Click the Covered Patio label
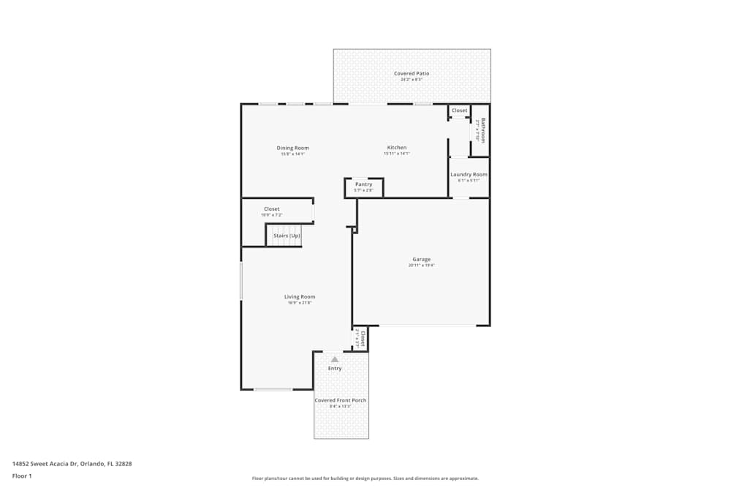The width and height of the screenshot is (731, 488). coord(412,73)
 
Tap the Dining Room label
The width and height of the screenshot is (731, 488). coord(292,148)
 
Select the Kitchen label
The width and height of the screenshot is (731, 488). coord(397,148)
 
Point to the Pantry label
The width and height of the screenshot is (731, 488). coord(363,184)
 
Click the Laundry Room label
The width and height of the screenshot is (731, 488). coord(469,174)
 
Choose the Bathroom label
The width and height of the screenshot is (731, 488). coord(482,129)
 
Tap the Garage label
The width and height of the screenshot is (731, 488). coord(421,259)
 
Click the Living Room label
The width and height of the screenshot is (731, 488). coord(300,296)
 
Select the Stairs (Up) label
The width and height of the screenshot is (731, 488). coord(287,236)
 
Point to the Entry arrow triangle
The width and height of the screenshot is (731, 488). coord(335,359)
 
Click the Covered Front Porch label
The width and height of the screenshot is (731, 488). coord(341,400)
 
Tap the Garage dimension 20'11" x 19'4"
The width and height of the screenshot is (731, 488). coord(421,266)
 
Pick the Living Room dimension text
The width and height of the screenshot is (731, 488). coord(300,303)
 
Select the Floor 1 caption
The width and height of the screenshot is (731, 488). coord(22,476)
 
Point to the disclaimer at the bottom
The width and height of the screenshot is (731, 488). coord(365,478)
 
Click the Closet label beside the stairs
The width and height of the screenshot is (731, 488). coord(271,209)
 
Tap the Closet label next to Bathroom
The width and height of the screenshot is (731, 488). coord(459,110)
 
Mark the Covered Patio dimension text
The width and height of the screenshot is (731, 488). coord(412,80)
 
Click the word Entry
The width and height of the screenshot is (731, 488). coord(335,369)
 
